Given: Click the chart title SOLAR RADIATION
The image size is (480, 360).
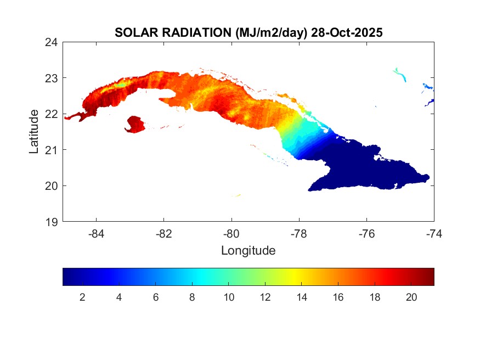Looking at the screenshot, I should [x=173, y=33].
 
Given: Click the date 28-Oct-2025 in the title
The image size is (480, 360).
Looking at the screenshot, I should [x=346, y=33].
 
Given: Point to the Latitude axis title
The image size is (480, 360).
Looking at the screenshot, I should [x=34, y=131].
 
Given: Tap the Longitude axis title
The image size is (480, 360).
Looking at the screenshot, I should [x=248, y=251].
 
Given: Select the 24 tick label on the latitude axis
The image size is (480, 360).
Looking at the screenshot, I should [x=52, y=42].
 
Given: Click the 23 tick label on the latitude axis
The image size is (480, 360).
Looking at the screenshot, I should [x=52, y=78].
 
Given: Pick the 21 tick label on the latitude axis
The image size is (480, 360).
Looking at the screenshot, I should [x=52, y=150].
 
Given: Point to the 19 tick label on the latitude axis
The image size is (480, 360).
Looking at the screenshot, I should [x=52, y=222].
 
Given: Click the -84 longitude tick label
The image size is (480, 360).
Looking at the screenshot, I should [x=97, y=234].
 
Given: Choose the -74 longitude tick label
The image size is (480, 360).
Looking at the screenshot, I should [x=434, y=234].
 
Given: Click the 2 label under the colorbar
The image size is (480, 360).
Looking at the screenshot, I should [x=82, y=297].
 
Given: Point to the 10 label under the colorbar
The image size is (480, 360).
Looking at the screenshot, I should [x=229, y=297].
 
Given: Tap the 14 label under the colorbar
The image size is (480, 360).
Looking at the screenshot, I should [x=302, y=297].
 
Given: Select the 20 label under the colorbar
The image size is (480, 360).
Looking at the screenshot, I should [x=411, y=297].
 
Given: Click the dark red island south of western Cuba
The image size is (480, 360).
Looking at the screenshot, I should [x=135, y=124].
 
